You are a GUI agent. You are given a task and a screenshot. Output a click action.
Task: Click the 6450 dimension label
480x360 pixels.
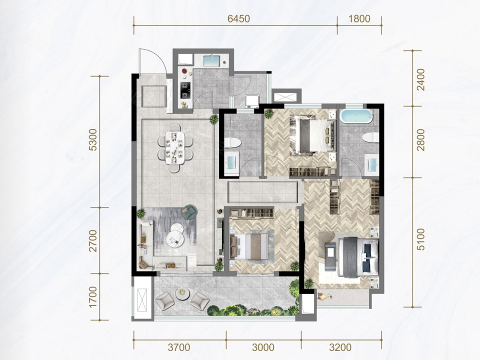click(239, 19)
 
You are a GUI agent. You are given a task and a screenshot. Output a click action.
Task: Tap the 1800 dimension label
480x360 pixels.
click(359, 19)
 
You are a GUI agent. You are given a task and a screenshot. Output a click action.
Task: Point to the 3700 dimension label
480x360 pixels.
click(179, 347)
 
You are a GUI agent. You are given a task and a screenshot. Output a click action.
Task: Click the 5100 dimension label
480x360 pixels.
click(421, 239)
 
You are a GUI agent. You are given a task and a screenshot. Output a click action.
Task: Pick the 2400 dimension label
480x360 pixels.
click(421, 79)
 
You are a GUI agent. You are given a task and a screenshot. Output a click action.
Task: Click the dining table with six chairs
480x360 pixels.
click(175, 147)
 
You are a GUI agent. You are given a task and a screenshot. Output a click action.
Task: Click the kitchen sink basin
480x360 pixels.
click(211, 60)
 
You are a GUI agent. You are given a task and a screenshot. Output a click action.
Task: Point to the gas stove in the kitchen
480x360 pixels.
click(185, 89)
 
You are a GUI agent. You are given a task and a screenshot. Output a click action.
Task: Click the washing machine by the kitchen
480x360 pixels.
click(252, 101)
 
